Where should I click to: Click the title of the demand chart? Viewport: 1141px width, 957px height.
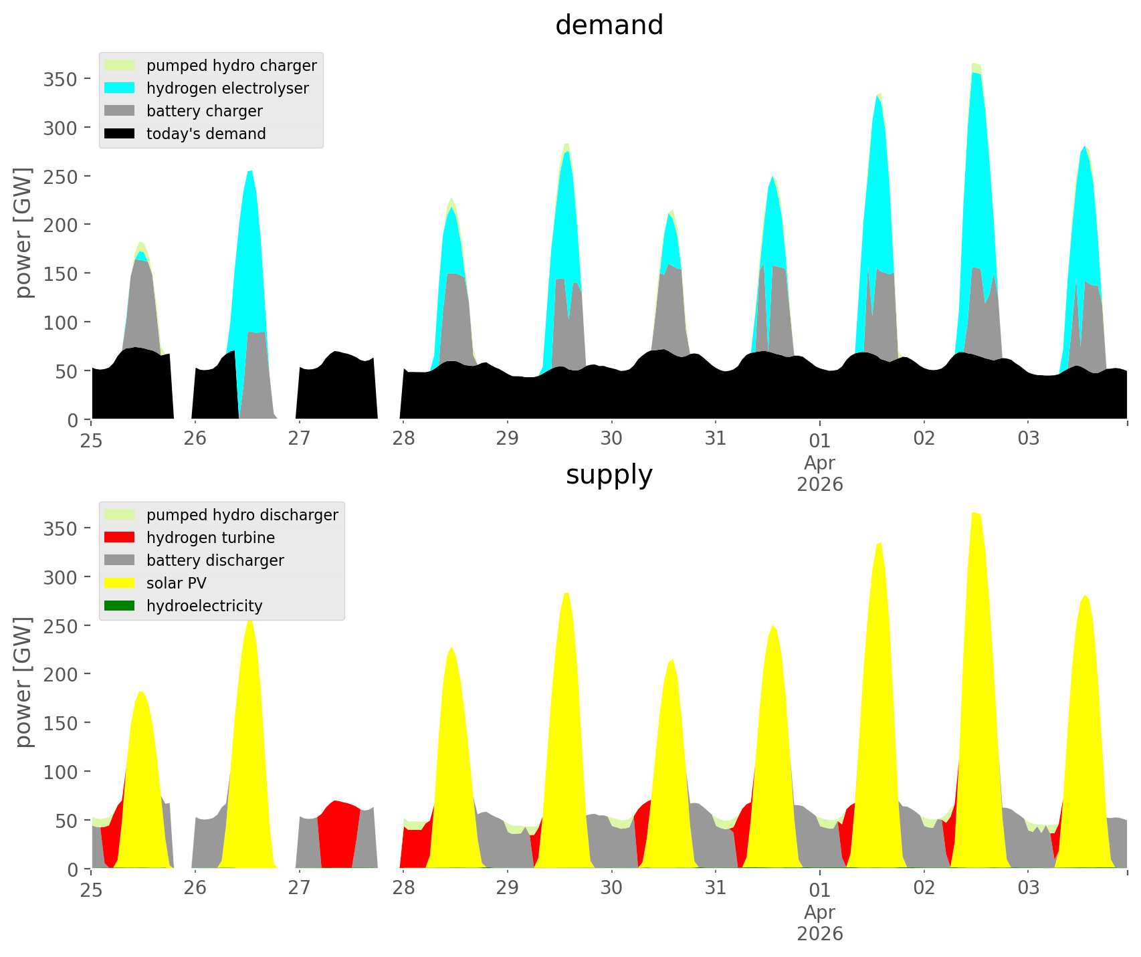coord(609,25)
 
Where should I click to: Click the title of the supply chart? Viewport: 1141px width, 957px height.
coord(609,475)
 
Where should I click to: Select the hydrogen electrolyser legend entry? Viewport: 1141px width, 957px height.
coord(227,88)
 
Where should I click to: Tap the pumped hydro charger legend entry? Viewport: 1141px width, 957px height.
coord(231,66)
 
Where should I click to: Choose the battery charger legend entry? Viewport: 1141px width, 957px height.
coord(204,111)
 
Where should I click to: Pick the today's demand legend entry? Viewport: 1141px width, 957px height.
coord(206,134)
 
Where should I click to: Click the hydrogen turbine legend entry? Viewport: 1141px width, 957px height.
coord(211,538)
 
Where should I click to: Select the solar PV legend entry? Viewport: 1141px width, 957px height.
coord(177,583)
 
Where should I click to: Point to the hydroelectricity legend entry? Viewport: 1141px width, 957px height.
coord(204,606)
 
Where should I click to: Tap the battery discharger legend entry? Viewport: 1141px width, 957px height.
coord(215,560)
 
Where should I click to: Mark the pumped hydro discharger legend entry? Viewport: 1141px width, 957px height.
coord(242,515)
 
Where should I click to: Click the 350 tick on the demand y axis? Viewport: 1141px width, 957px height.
coord(60,79)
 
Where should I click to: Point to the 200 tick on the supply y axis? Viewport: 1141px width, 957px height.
coord(60,674)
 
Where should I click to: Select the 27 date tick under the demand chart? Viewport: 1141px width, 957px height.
coord(299,439)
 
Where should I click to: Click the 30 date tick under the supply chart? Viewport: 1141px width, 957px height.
coord(611,888)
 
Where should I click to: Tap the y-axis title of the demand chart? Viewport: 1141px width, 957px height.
coord(23,233)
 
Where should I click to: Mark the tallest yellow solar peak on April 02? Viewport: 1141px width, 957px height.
coord(976,669)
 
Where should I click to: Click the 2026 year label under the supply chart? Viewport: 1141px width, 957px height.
coord(820,934)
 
